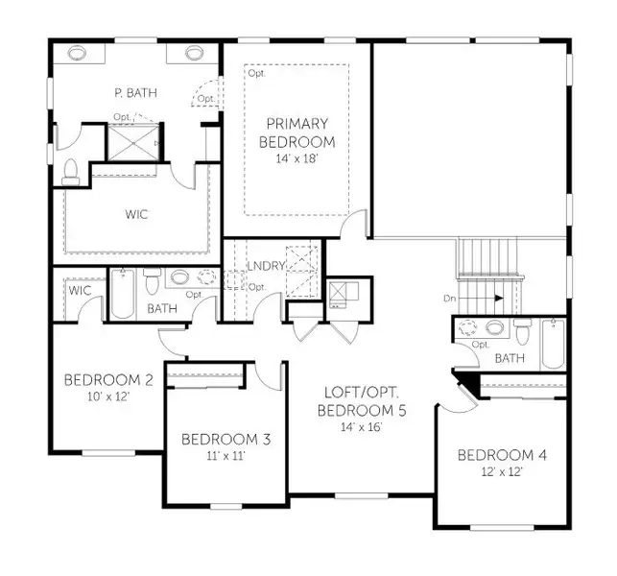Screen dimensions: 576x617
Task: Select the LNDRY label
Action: click(x=266, y=266)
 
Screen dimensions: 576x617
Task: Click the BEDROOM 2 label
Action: click(x=108, y=379)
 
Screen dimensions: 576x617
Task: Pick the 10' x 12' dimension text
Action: click(x=108, y=396)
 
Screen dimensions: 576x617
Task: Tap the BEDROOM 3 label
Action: click(x=225, y=440)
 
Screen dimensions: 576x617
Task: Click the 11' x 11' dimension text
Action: click(x=225, y=457)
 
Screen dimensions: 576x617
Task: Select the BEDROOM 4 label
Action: click(x=502, y=454)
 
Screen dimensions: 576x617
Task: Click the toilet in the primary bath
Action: click(x=69, y=171)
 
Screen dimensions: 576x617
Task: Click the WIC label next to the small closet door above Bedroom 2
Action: click(x=79, y=289)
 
